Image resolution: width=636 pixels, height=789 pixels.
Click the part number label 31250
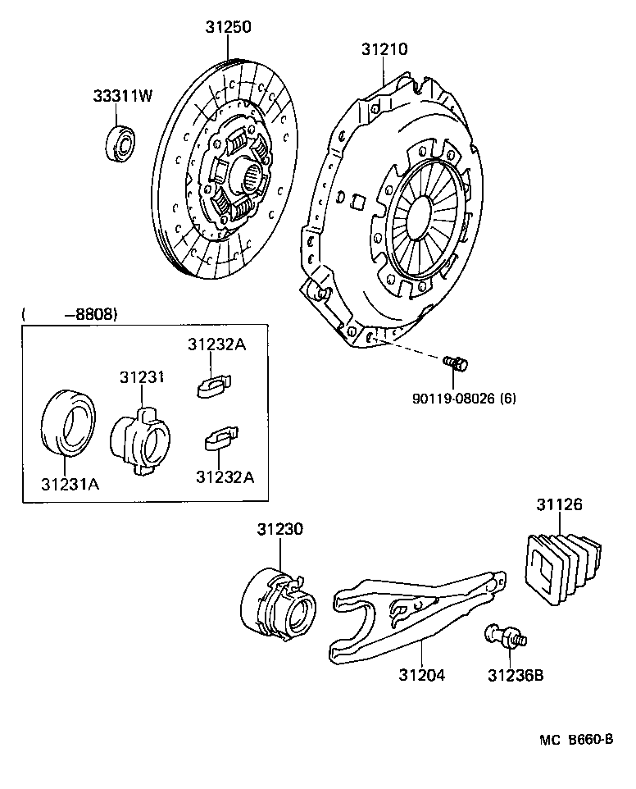[x=228, y=27]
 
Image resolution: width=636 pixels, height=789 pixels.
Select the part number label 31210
[x=384, y=49]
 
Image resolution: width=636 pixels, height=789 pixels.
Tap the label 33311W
[x=122, y=96]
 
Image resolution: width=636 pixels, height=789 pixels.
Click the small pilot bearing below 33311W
[x=120, y=141]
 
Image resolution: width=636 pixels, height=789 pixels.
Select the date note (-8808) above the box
[x=70, y=314]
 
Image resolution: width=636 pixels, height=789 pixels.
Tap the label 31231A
[x=70, y=483]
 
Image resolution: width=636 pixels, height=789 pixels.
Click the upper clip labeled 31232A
[x=215, y=384]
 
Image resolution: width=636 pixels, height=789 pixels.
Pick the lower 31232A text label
[x=225, y=476]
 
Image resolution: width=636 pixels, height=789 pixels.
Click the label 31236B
[x=516, y=676]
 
